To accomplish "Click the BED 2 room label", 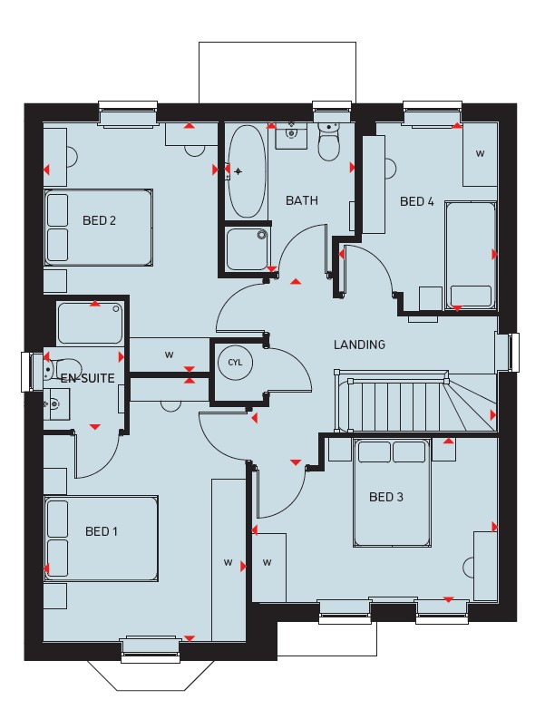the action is coord(99,220).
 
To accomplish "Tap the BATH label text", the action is coord(302,200).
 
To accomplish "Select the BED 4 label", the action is coord(416,201).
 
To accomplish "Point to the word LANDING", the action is coord(360,345).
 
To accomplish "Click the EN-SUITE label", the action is coord(87,378).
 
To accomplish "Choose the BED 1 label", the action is coord(102,531).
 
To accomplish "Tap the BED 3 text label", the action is coord(385,497).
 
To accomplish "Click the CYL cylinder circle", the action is coord(235,362).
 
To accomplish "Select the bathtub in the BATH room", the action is coord(246,171).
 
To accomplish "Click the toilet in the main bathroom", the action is coord(329,141).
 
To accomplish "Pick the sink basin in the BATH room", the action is coord(291,134).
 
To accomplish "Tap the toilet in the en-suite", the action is coord(63,368).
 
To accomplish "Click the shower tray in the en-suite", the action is coord(90,324).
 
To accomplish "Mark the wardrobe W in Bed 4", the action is coord(480,154).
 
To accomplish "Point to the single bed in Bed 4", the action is coord(471,256).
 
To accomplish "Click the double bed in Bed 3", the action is coord(392,493).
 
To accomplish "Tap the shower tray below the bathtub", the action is coord(247,249).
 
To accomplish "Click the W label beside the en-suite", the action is coord(170,354).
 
